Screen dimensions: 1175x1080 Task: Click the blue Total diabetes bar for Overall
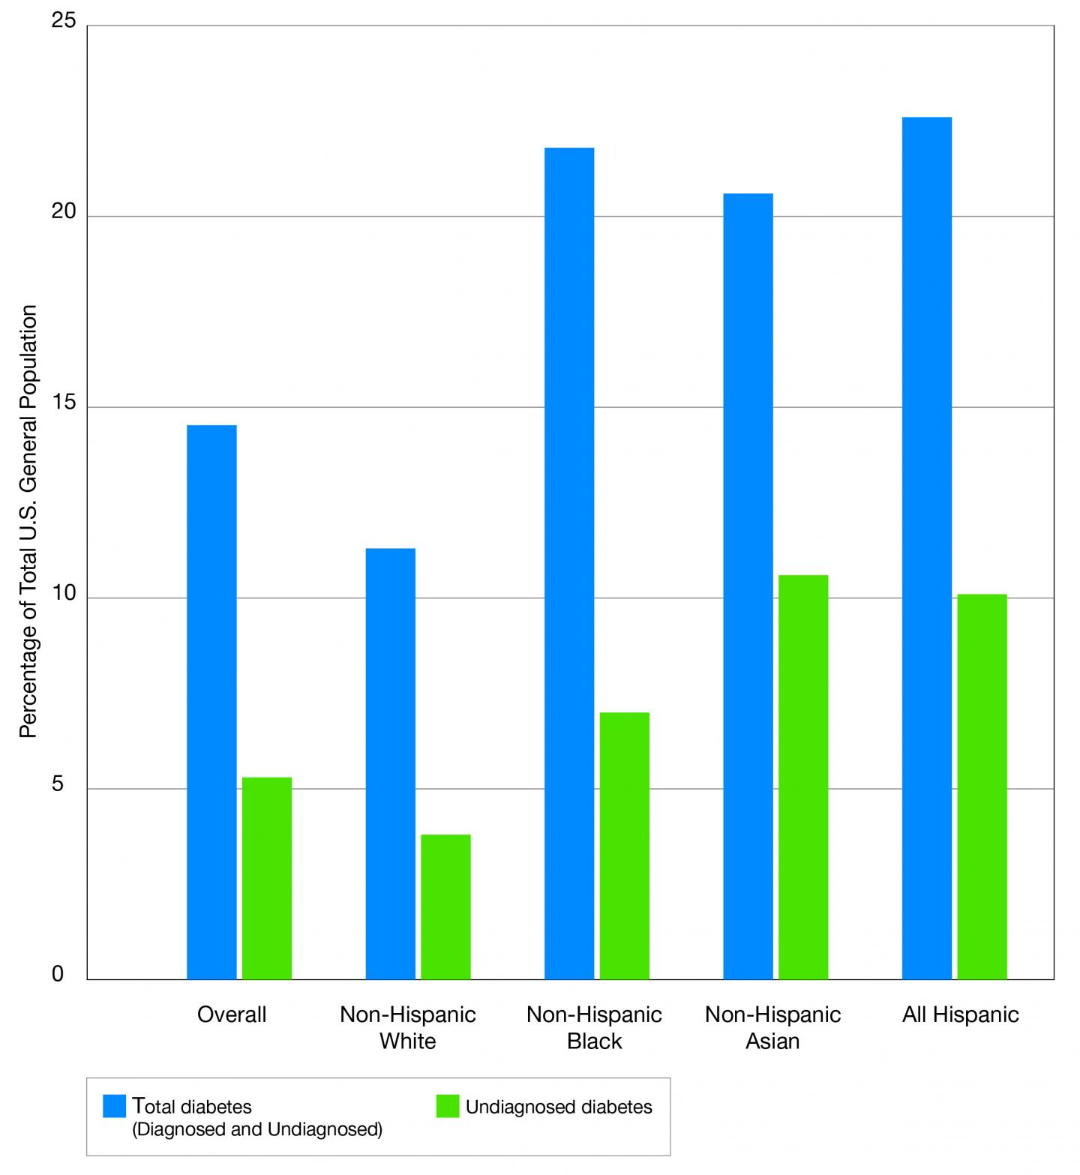(x=211, y=702)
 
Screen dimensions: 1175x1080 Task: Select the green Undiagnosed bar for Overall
(x=266, y=878)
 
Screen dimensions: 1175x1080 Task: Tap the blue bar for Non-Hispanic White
(x=390, y=763)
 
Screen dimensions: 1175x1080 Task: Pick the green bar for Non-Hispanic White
(x=445, y=907)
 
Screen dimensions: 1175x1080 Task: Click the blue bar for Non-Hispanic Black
(x=569, y=563)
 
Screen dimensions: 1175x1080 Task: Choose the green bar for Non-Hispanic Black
(x=624, y=845)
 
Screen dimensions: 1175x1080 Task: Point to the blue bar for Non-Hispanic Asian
(x=748, y=586)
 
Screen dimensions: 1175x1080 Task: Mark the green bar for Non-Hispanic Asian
(x=803, y=777)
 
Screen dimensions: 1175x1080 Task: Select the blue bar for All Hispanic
(x=926, y=548)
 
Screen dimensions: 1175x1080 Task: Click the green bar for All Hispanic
(x=982, y=787)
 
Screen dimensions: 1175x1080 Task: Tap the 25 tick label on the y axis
(x=64, y=21)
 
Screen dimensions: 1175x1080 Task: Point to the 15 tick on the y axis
(x=64, y=403)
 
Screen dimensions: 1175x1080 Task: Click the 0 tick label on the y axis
(x=58, y=975)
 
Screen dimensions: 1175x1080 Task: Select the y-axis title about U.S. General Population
(x=28, y=521)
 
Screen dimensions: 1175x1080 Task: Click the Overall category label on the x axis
(x=232, y=1015)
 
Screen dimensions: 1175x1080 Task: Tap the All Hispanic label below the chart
(x=960, y=1015)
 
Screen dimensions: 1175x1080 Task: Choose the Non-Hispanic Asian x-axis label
(x=772, y=1027)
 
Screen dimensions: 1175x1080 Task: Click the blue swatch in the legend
(x=114, y=1106)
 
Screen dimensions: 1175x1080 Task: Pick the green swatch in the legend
(x=447, y=1106)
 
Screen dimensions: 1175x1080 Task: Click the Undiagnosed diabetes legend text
(x=559, y=1107)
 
